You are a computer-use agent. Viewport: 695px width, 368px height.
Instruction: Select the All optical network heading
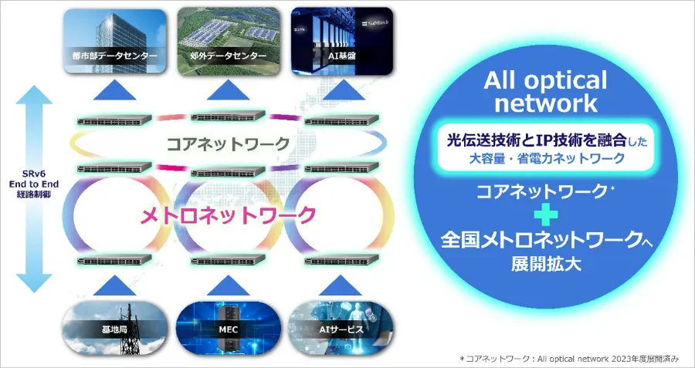(x=545, y=92)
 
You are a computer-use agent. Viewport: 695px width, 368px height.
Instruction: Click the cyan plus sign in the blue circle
(x=545, y=215)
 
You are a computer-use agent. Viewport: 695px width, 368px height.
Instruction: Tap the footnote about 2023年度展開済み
(x=570, y=359)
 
